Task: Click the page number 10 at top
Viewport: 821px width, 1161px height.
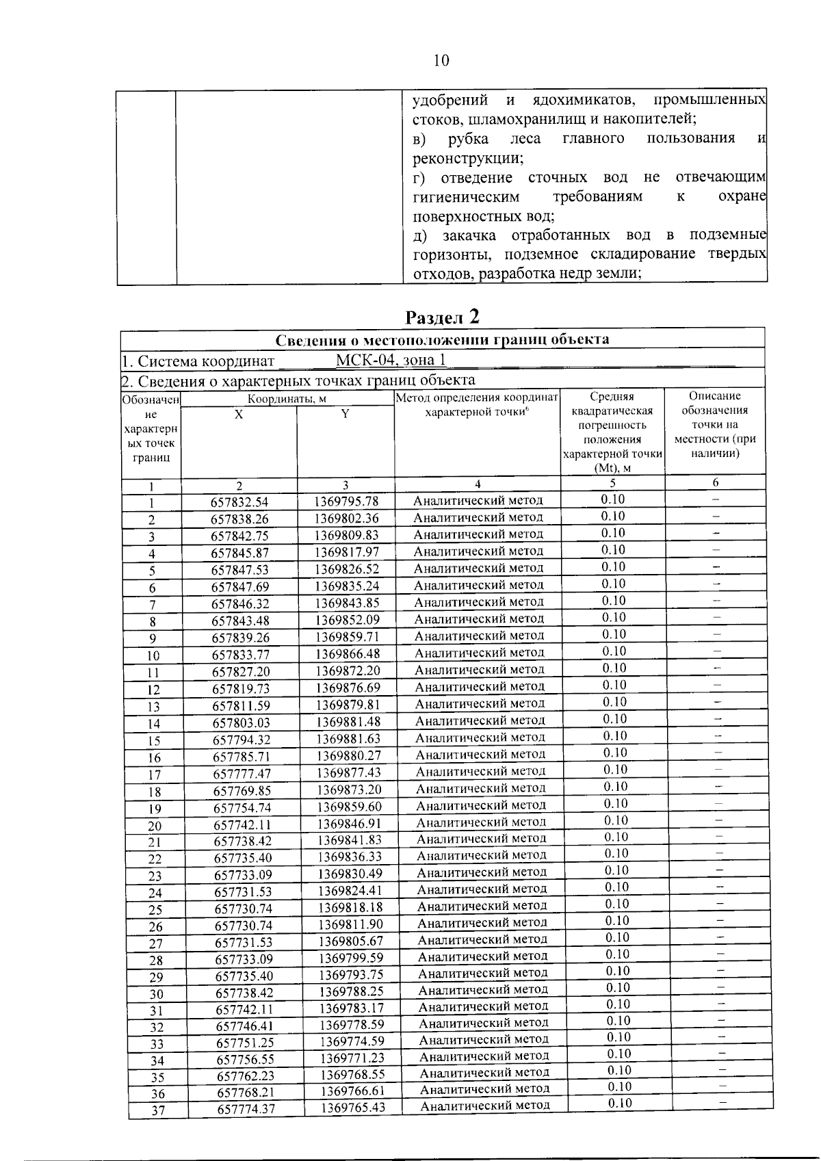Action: click(441, 61)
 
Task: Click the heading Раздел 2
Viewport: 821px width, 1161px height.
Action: click(443, 317)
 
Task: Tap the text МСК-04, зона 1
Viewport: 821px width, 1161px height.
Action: click(391, 361)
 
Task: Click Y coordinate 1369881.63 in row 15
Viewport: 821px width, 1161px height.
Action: click(348, 739)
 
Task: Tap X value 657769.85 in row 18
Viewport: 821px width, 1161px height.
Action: click(242, 791)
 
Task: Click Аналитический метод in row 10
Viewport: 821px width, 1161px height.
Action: click(480, 653)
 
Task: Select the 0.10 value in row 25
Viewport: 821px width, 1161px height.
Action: click(616, 904)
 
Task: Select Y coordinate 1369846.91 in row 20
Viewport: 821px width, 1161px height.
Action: click(350, 823)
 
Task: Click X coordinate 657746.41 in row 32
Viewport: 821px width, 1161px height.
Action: click(246, 1026)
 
